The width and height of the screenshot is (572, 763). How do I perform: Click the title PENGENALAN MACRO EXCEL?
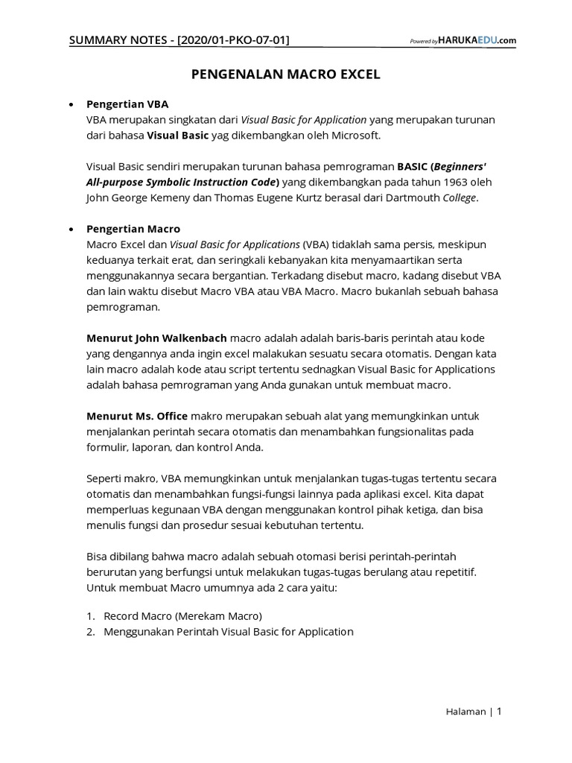tap(286, 75)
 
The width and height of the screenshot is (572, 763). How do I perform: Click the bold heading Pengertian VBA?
tap(133, 104)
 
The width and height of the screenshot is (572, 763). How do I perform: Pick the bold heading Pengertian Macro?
tap(133, 229)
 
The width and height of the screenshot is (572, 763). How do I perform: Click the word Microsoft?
tap(355, 135)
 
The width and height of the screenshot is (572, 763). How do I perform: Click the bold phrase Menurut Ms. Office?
tap(137, 417)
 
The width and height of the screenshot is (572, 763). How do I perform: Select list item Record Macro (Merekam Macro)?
tap(183, 616)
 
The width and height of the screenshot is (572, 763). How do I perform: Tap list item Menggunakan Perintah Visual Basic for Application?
tap(228, 632)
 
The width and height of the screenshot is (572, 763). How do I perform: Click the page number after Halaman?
tap(500, 712)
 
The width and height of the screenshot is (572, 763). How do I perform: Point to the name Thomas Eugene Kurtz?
tap(262, 197)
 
